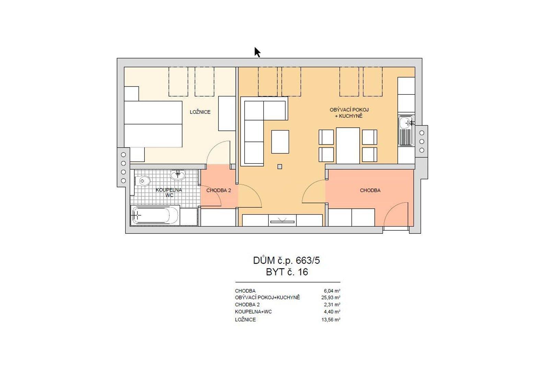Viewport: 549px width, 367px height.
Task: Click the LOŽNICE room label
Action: click(x=200, y=112)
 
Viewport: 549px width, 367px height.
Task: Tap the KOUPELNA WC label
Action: click(x=169, y=193)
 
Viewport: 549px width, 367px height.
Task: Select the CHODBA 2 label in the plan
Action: click(x=218, y=190)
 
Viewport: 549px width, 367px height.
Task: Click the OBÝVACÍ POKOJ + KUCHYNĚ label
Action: click(x=349, y=113)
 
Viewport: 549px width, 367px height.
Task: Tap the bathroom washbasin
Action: click(x=178, y=175)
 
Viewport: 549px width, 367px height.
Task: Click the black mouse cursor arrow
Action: click(x=257, y=52)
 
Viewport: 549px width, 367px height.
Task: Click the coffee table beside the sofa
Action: click(x=280, y=141)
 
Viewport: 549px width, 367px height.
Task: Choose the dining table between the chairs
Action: click(x=348, y=145)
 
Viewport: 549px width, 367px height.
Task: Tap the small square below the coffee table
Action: click(x=280, y=167)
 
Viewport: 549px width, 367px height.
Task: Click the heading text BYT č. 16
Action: click(x=287, y=272)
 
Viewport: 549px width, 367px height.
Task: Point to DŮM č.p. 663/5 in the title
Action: click(x=287, y=261)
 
